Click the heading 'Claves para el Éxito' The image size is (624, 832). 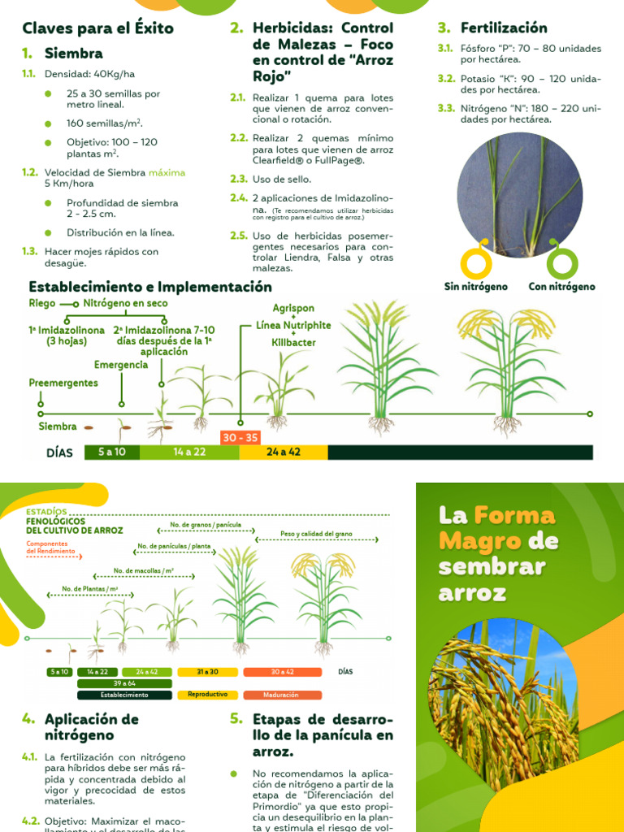click(97, 28)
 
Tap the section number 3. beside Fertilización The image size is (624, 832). click(444, 28)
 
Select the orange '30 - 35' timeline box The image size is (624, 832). click(240, 437)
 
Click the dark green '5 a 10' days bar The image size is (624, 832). click(112, 452)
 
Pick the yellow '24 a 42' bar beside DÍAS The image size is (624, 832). click(283, 452)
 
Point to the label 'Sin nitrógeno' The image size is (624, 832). click(475, 286)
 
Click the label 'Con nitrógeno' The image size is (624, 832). click(561, 286)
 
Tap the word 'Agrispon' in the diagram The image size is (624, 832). click(293, 309)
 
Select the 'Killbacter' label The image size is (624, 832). click(293, 343)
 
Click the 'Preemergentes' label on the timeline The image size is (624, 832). click(63, 383)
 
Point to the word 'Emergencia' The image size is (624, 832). click(121, 364)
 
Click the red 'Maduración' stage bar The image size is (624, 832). click(282, 695)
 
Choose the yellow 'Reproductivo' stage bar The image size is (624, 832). click(208, 695)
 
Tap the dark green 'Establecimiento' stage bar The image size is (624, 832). click(124, 695)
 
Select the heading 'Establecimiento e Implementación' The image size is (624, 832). click(150, 287)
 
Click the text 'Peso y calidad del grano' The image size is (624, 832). click(316, 533)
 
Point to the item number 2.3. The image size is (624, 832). click(238, 179)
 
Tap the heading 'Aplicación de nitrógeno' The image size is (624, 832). click(92, 727)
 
